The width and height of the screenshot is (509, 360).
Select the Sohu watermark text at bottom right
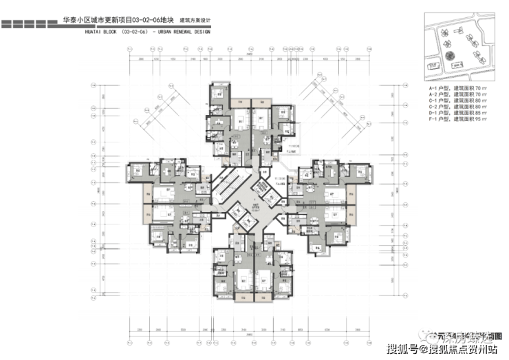pyautogui.click(x=441, y=350)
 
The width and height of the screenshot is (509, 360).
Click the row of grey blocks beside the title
pyautogui.click(x=28, y=23)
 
